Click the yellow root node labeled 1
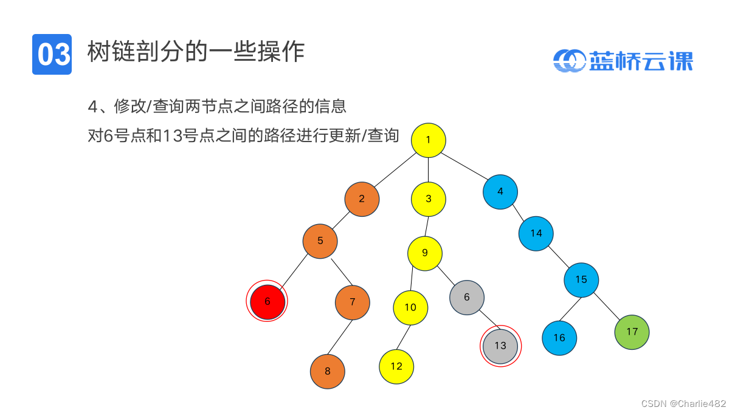tap(428, 140)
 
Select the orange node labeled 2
tap(362, 199)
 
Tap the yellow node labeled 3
tap(428, 199)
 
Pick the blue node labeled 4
tap(500, 191)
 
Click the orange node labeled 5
tap(320, 241)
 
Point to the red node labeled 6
tap(267, 301)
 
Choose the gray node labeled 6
tap(467, 297)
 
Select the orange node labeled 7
tap(352, 302)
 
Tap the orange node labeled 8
tap(327, 371)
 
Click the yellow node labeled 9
tap(425, 253)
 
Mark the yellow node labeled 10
tap(410, 307)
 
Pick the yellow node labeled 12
tap(396, 366)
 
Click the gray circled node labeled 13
tap(500, 346)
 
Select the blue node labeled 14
tap(536, 233)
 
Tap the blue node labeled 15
tap(581, 279)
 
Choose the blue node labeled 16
tap(559, 338)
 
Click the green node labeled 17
tap(632, 332)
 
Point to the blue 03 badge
tap(52, 54)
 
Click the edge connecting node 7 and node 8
tap(340, 336)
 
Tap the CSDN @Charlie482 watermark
tap(683, 403)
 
